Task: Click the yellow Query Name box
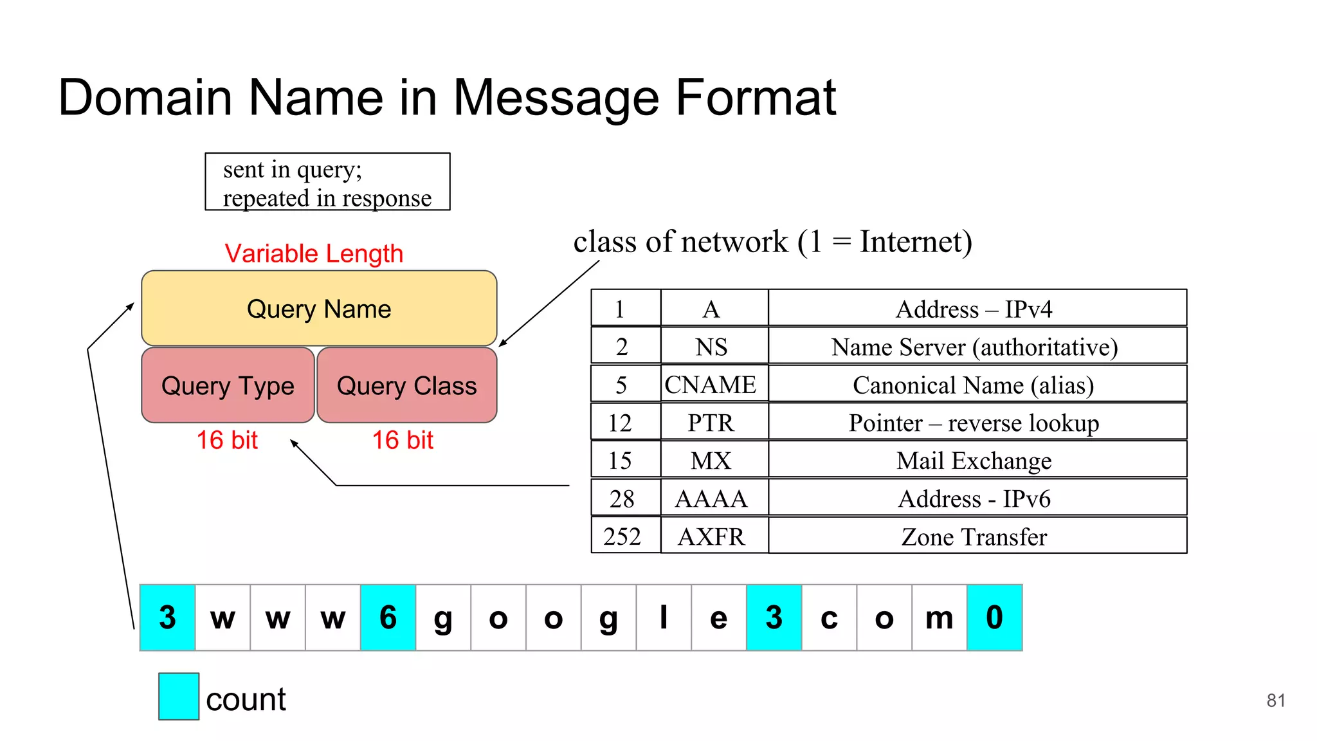pos(319,309)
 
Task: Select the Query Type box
pos(228,385)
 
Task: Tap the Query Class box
pos(406,385)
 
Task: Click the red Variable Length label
pos(314,253)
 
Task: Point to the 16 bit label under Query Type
pos(227,441)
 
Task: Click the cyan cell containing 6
pos(388,617)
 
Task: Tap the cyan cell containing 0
pos(994,617)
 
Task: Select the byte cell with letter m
pos(939,617)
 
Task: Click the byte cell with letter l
pos(663,617)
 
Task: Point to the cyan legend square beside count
pos(179,696)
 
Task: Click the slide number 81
pos(1275,700)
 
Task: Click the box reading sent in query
pos(327,182)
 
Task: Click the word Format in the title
pos(756,98)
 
